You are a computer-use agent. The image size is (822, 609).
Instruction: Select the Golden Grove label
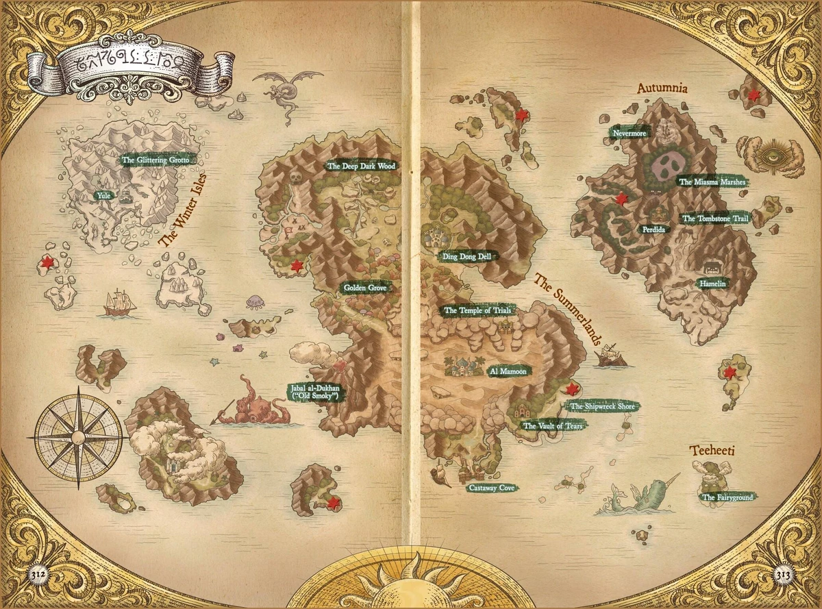364,288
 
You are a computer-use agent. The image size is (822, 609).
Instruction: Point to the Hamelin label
712,283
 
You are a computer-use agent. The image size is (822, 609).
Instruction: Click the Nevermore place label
630,134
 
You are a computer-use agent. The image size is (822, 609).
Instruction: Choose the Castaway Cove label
491,488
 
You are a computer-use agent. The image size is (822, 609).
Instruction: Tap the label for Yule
103,195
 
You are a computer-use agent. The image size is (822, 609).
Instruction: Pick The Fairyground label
727,497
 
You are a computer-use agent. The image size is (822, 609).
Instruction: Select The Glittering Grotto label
153,160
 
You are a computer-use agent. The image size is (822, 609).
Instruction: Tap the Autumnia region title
662,88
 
